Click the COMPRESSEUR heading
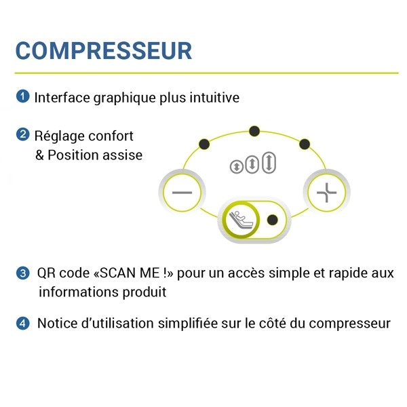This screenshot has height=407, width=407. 104,51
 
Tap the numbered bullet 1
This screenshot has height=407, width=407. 22,96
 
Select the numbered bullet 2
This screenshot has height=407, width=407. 22,135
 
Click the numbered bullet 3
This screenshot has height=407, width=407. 22,273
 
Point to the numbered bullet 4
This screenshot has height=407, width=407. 22,324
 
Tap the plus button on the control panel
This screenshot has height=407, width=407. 326,193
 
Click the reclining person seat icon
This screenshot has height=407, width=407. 241,220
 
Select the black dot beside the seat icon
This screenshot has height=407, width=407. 272,220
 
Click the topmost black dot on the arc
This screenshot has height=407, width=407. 254,131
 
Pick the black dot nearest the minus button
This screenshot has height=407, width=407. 204,144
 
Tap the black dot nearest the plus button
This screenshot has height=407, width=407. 305,144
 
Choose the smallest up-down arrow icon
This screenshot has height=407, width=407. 237,167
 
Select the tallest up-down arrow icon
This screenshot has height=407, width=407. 269,163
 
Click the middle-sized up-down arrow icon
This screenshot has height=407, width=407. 252,164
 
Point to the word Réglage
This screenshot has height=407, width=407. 60,137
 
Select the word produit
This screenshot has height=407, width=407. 144,292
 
